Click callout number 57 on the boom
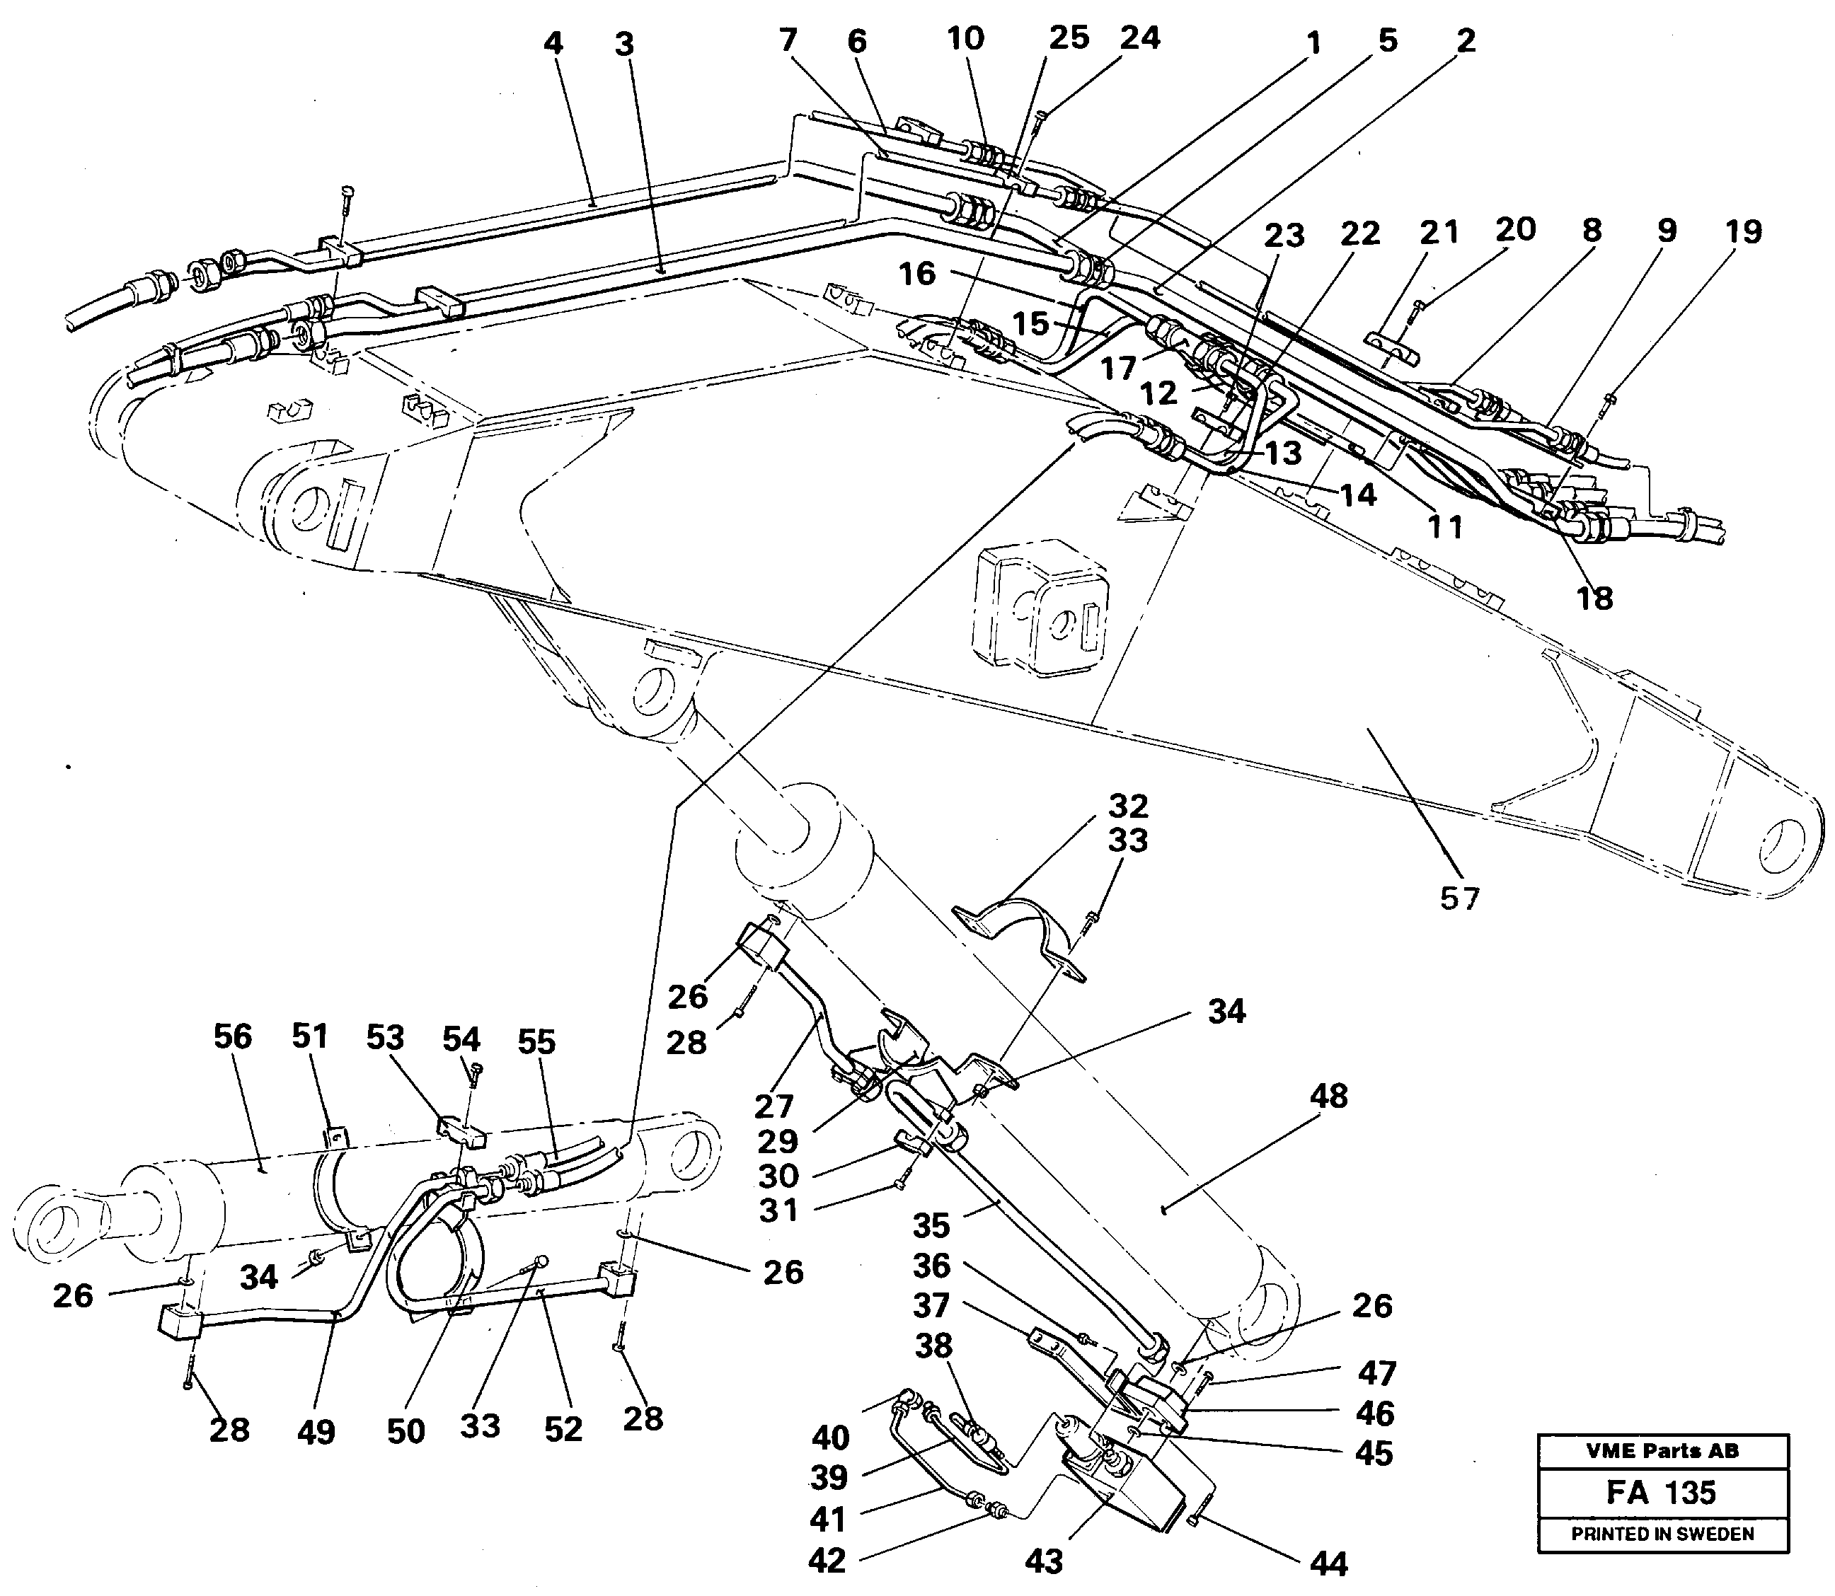[1459, 898]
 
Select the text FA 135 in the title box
[1662, 1493]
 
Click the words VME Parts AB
[1662, 1451]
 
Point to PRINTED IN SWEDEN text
[1662, 1534]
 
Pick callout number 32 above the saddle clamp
[1128, 806]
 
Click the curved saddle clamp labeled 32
[1025, 935]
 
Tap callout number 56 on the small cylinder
[233, 1036]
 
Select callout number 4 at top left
[553, 42]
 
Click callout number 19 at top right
[1742, 231]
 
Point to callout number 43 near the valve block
[1043, 1562]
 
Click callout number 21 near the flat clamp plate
[1439, 231]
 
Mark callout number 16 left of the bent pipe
[917, 273]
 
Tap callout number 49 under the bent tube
[316, 1432]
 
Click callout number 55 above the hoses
[536, 1041]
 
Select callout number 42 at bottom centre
[827, 1561]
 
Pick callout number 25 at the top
[1068, 37]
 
